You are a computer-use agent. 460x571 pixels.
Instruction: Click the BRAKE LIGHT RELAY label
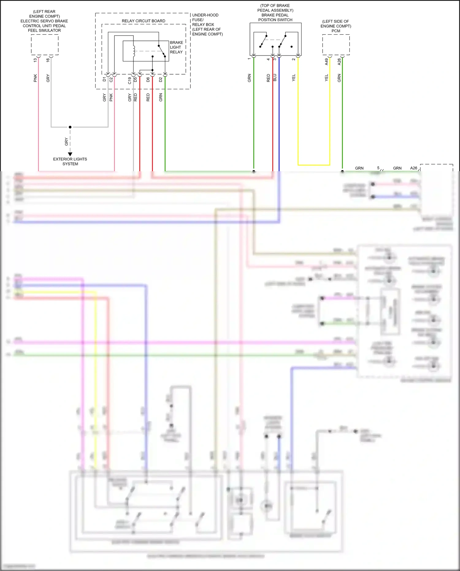(176, 47)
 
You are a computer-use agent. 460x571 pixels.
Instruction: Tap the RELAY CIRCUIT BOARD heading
(143, 21)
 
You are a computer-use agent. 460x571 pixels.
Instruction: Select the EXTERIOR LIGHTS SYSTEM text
(70, 161)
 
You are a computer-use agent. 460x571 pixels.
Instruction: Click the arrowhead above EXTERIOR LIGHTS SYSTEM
(70, 154)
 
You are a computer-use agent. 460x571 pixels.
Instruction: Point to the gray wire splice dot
(70, 127)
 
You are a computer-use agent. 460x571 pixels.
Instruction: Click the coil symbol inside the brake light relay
(134, 51)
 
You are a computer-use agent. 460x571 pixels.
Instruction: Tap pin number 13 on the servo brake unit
(35, 60)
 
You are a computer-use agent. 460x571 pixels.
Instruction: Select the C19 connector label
(130, 80)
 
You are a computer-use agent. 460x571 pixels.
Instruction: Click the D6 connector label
(148, 79)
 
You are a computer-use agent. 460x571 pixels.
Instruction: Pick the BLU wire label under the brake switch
(275, 78)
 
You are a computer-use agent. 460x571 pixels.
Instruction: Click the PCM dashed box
(336, 45)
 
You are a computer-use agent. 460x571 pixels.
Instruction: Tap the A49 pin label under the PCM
(327, 62)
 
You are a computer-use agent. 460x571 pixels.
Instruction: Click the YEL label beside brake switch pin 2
(293, 78)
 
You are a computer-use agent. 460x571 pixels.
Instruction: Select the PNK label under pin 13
(35, 78)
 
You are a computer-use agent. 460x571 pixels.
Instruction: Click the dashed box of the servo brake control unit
(45, 45)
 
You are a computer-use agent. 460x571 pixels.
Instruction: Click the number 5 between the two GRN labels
(378, 168)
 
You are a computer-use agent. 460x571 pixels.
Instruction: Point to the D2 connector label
(161, 79)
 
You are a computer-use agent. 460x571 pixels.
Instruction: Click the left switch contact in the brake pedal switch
(263, 41)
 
